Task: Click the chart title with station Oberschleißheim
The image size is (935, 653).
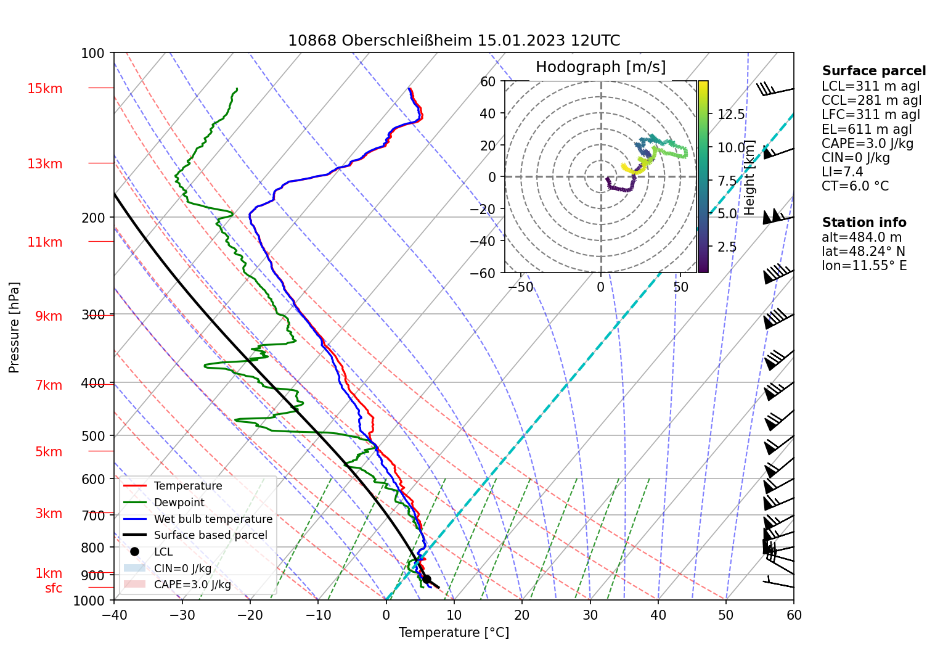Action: [x=454, y=41]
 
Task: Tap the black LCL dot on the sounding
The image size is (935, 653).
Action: [x=427, y=579]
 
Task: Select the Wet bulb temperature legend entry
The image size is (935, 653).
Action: [x=213, y=519]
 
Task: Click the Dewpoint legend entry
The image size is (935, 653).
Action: [x=179, y=503]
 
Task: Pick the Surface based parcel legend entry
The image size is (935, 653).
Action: [x=210, y=535]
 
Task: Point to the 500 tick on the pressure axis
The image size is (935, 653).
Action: [x=94, y=436]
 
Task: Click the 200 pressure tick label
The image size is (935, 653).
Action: [x=94, y=218]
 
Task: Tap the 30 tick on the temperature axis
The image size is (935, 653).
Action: [x=590, y=615]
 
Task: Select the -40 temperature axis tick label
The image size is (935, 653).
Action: [x=114, y=615]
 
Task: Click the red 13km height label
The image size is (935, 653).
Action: [x=44, y=164]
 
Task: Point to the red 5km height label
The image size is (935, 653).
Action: [x=49, y=452]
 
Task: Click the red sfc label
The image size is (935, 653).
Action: [x=54, y=588]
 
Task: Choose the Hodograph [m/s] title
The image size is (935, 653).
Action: [x=600, y=67]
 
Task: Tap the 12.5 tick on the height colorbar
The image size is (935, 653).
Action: [x=731, y=115]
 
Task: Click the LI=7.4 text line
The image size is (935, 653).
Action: [x=842, y=172]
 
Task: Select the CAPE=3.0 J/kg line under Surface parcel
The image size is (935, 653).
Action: [x=867, y=144]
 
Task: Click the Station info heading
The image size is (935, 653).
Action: [x=864, y=223]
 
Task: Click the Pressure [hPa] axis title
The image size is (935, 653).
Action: [x=14, y=327]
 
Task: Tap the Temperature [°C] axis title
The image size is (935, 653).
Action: [x=454, y=633]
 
